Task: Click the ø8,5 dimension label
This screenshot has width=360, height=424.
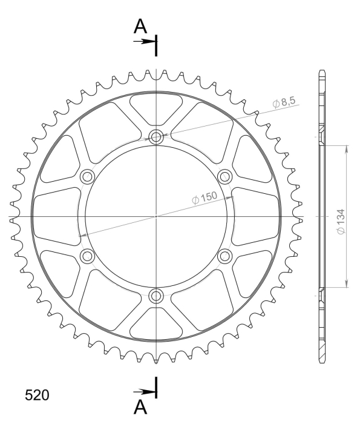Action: (284, 102)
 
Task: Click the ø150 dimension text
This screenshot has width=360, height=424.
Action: (204, 197)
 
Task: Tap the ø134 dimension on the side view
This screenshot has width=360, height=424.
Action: (341, 222)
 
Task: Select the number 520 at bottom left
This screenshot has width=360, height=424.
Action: (37, 395)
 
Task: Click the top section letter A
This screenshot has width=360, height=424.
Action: (140, 26)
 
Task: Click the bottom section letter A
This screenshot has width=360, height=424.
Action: (140, 407)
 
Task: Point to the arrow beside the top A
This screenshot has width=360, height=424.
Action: (144, 42)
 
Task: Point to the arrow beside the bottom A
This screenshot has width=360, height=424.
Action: (144, 391)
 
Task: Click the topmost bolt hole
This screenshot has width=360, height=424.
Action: (156, 137)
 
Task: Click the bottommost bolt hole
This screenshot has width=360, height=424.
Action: (156, 296)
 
